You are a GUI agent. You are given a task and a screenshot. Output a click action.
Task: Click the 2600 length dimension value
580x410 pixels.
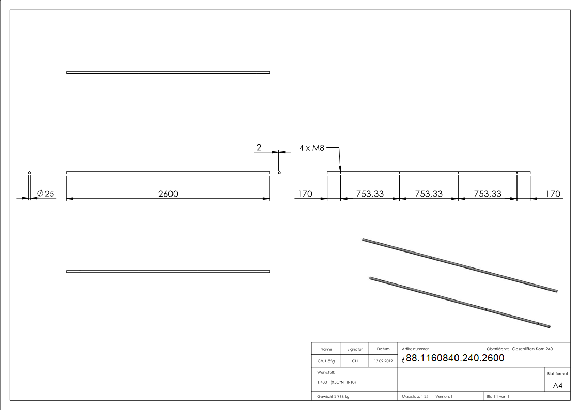[x=167, y=194]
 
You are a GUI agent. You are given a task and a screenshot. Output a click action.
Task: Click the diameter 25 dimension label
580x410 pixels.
[x=45, y=194]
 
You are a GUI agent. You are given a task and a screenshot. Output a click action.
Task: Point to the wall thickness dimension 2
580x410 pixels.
[x=259, y=148]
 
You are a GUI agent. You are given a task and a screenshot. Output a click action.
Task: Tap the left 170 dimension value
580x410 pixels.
[x=305, y=194]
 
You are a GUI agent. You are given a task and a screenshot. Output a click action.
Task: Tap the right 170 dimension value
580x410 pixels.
[x=553, y=194]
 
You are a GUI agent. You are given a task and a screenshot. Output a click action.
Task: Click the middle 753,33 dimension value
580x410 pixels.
[x=429, y=194]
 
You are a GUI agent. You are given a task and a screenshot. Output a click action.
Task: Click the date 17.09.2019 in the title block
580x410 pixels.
[x=383, y=361]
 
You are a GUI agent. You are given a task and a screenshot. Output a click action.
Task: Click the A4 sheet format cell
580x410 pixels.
[x=558, y=386]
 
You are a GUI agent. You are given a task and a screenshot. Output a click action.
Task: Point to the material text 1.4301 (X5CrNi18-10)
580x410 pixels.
[x=337, y=382]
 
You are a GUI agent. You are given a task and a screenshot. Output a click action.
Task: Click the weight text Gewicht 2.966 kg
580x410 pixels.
[x=334, y=397]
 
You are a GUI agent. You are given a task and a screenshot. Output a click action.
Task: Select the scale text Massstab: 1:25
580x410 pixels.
[x=415, y=397]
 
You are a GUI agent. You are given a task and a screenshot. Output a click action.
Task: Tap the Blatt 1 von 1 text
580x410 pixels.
[x=498, y=397]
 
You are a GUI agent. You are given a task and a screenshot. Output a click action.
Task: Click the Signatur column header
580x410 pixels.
[x=355, y=349]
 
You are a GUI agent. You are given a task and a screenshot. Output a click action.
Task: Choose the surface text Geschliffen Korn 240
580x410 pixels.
[x=532, y=349]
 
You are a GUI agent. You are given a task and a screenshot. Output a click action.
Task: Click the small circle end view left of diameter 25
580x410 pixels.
[x=30, y=172]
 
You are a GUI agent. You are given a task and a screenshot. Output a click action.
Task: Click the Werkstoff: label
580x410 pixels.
[x=326, y=372]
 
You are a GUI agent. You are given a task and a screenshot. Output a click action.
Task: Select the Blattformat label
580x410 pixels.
[x=558, y=373]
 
